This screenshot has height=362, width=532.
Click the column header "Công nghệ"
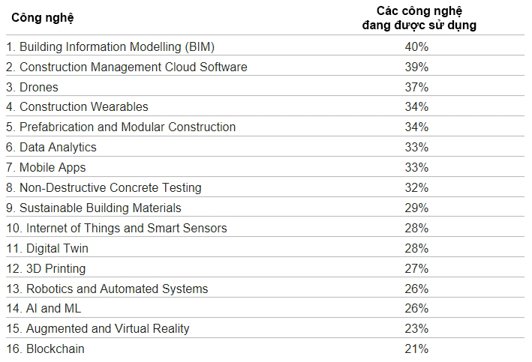[x=43, y=18]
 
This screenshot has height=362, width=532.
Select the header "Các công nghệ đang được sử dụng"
[x=419, y=18]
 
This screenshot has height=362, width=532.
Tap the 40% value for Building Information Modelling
[x=416, y=46]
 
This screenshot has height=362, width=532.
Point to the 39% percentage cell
[x=416, y=67]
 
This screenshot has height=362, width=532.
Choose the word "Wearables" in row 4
[x=119, y=106]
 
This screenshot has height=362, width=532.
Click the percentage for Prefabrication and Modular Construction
[x=416, y=127]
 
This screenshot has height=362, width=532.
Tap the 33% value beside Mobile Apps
[x=416, y=167]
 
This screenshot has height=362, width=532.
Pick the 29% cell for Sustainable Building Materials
[x=416, y=208]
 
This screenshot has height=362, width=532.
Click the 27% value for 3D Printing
[x=416, y=268]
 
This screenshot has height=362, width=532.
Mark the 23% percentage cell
[x=416, y=329]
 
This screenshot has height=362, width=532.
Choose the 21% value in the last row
[x=416, y=349]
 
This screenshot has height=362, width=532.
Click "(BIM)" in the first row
[x=200, y=47]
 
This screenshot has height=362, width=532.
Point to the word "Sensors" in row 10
[x=205, y=228]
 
